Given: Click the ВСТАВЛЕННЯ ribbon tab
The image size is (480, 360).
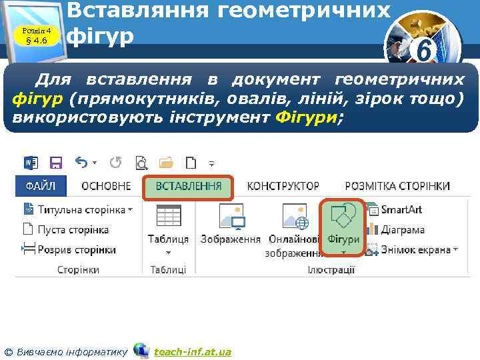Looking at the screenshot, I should (189, 187).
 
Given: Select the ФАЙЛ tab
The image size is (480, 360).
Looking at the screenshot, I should (40, 186).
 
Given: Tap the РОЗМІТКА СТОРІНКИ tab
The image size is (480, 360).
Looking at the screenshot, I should (397, 186).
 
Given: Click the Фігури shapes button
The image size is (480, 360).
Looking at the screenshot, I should (343, 227).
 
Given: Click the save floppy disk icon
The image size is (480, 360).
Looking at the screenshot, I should (56, 163).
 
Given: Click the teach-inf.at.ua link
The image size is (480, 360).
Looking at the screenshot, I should (193, 351).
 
